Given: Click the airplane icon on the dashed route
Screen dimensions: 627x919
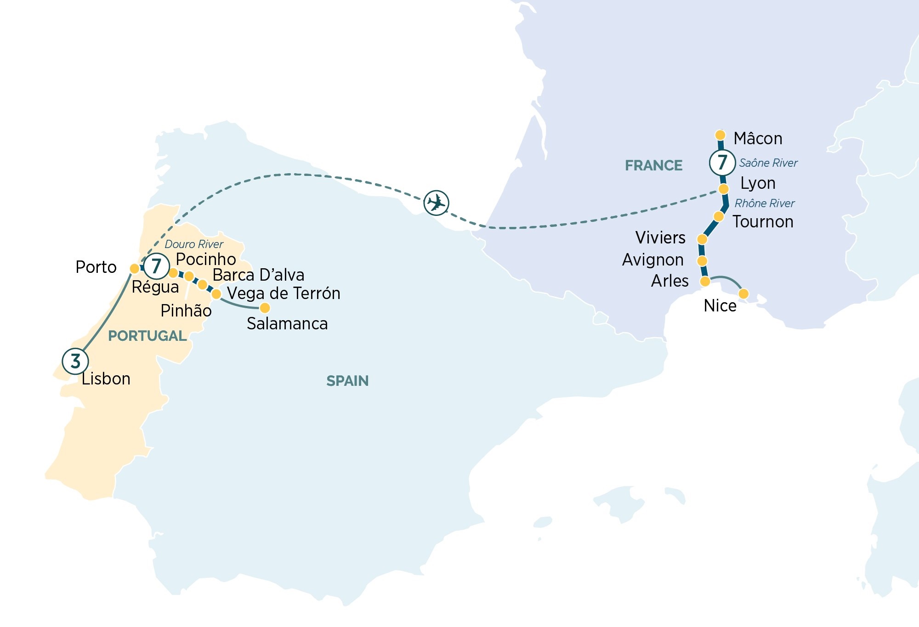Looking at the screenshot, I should click(x=436, y=203).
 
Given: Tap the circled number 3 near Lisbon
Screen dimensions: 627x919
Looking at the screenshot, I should click(x=75, y=361).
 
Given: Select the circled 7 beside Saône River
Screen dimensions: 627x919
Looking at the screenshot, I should click(x=722, y=162).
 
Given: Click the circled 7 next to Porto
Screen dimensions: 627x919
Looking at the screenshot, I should click(x=156, y=266).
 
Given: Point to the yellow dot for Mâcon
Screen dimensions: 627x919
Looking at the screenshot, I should click(x=720, y=135).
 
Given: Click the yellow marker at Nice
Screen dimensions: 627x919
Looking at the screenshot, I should click(x=743, y=294).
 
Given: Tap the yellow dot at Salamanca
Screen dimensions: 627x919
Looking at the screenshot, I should click(x=265, y=307).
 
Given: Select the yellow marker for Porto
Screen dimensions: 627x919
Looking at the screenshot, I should click(x=135, y=268).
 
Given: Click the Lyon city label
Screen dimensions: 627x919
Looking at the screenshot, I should click(x=758, y=183).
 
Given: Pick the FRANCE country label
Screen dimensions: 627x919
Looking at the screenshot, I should click(x=653, y=165).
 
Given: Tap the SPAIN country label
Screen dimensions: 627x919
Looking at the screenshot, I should click(x=347, y=381).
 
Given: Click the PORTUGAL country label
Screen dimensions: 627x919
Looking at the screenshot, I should click(x=147, y=336).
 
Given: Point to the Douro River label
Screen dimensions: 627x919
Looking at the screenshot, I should click(x=194, y=244).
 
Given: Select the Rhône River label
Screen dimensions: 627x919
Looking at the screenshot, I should click(x=765, y=203).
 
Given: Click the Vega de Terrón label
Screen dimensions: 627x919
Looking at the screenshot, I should click(x=284, y=293).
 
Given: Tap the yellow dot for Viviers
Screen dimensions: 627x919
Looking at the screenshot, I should click(x=702, y=239).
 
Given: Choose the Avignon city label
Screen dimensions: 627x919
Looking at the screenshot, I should click(x=652, y=260).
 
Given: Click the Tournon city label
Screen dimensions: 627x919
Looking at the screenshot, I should click(x=763, y=222).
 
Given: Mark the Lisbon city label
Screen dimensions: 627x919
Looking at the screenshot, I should click(x=106, y=379).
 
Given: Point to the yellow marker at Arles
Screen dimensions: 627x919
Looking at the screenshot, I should click(x=705, y=281).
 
